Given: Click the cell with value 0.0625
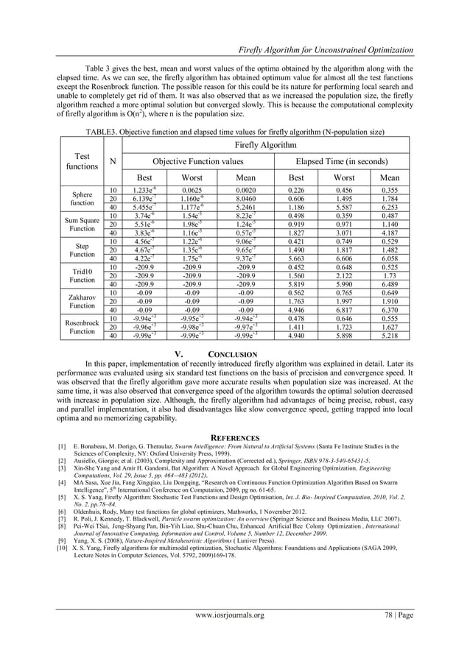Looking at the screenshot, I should pyautogui.click(x=192, y=190).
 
